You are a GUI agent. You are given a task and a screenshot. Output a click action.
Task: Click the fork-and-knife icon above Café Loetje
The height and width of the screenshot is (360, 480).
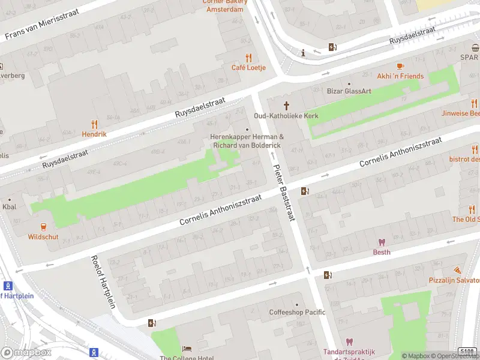(x=249, y=58)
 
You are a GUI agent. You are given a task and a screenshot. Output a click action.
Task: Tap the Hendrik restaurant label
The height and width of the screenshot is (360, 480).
(x=94, y=134)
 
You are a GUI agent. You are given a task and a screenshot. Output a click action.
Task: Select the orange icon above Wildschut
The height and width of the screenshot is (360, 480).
(x=43, y=226)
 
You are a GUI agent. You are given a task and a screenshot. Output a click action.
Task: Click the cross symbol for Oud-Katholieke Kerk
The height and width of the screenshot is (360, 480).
(x=286, y=106)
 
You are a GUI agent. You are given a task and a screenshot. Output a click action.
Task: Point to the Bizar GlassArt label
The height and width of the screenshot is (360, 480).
(x=349, y=91)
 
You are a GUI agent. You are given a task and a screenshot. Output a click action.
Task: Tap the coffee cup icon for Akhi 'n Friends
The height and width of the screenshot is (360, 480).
(x=400, y=66)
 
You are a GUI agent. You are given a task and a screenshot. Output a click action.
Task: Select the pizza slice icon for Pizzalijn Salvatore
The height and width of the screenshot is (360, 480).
(x=457, y=271)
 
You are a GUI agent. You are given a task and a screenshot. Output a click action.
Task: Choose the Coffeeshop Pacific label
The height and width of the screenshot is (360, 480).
(x=297, y=312)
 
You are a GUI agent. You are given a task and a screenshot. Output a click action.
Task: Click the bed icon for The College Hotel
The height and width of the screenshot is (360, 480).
(x=187, y=349)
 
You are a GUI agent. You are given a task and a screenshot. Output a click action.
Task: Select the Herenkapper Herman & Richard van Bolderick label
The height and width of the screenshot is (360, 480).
(x=246, y=141)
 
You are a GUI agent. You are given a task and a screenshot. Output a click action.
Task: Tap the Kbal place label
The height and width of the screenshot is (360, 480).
(x=10, y=207)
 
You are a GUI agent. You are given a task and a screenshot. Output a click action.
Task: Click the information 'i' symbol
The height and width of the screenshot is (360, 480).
(x=304, y=53)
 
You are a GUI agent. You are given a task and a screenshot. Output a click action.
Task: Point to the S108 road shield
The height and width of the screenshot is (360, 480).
(x=467, y=351)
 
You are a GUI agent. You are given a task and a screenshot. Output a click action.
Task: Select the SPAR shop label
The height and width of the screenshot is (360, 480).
(x=469, y=57)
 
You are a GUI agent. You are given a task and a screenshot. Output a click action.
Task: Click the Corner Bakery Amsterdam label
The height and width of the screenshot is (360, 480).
(x=224, y=6)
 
